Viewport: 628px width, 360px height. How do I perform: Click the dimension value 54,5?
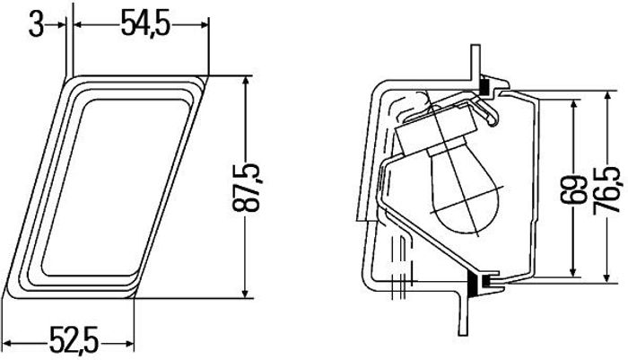click(x=145, y=24)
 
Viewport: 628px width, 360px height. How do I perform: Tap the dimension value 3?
click(x=36, y=25)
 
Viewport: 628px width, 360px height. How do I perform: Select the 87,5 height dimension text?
click(x=246, y=188)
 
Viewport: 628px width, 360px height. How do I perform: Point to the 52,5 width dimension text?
click(x=74, y=340)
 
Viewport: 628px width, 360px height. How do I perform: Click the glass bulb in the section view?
click(x=465, y=189)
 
